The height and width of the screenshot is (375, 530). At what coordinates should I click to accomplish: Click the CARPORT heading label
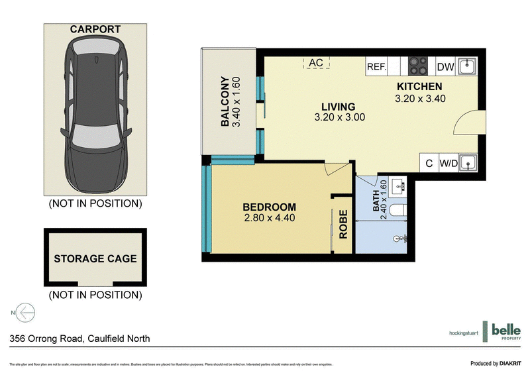click(x=95, y=29)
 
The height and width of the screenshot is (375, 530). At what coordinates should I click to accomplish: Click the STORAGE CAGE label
click(x=95, y=258)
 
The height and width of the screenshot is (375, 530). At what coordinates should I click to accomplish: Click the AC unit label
click(x=316, y=63)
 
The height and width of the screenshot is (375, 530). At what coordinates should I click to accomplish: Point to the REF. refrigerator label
click(x=376, y=66)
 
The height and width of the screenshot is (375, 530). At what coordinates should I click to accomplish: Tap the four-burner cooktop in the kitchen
click(x=418, y=66)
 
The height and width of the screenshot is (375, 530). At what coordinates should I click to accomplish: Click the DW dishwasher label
click(x=446, y=66)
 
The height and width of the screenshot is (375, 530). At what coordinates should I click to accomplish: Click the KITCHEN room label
click(x=419, y=87)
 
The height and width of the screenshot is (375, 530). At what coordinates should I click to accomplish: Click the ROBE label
click(x=343, y=224)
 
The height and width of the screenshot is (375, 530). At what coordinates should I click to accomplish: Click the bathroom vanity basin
click(x=399, y=186)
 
